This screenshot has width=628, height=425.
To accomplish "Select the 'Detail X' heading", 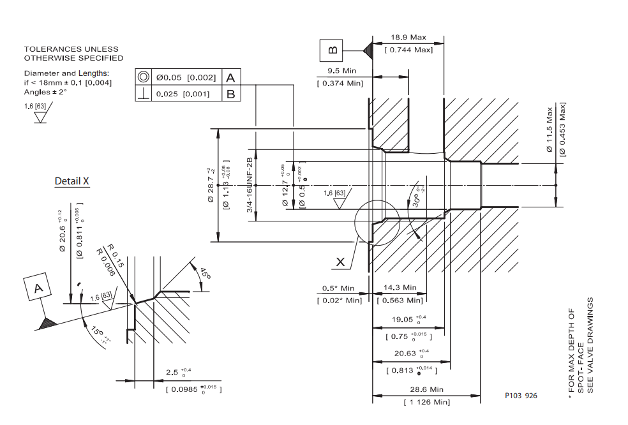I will pos(72,181).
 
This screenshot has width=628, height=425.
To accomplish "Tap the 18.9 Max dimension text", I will pos(408,38).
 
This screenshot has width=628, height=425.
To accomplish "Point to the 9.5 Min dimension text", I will pos(341,71).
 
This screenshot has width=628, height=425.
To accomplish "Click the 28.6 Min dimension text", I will pos(427,389).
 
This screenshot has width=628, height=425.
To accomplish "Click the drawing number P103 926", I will pos(521,396).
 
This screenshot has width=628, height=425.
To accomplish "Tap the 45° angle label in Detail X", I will pos(205,274).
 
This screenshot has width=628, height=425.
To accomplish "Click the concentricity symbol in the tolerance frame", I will pos(144,77).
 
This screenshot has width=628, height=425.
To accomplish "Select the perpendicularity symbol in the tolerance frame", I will pos(144,94).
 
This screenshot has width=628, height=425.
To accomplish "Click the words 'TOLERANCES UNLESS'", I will pos(71,49).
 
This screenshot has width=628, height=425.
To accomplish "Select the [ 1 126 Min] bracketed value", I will pos(427,402).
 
